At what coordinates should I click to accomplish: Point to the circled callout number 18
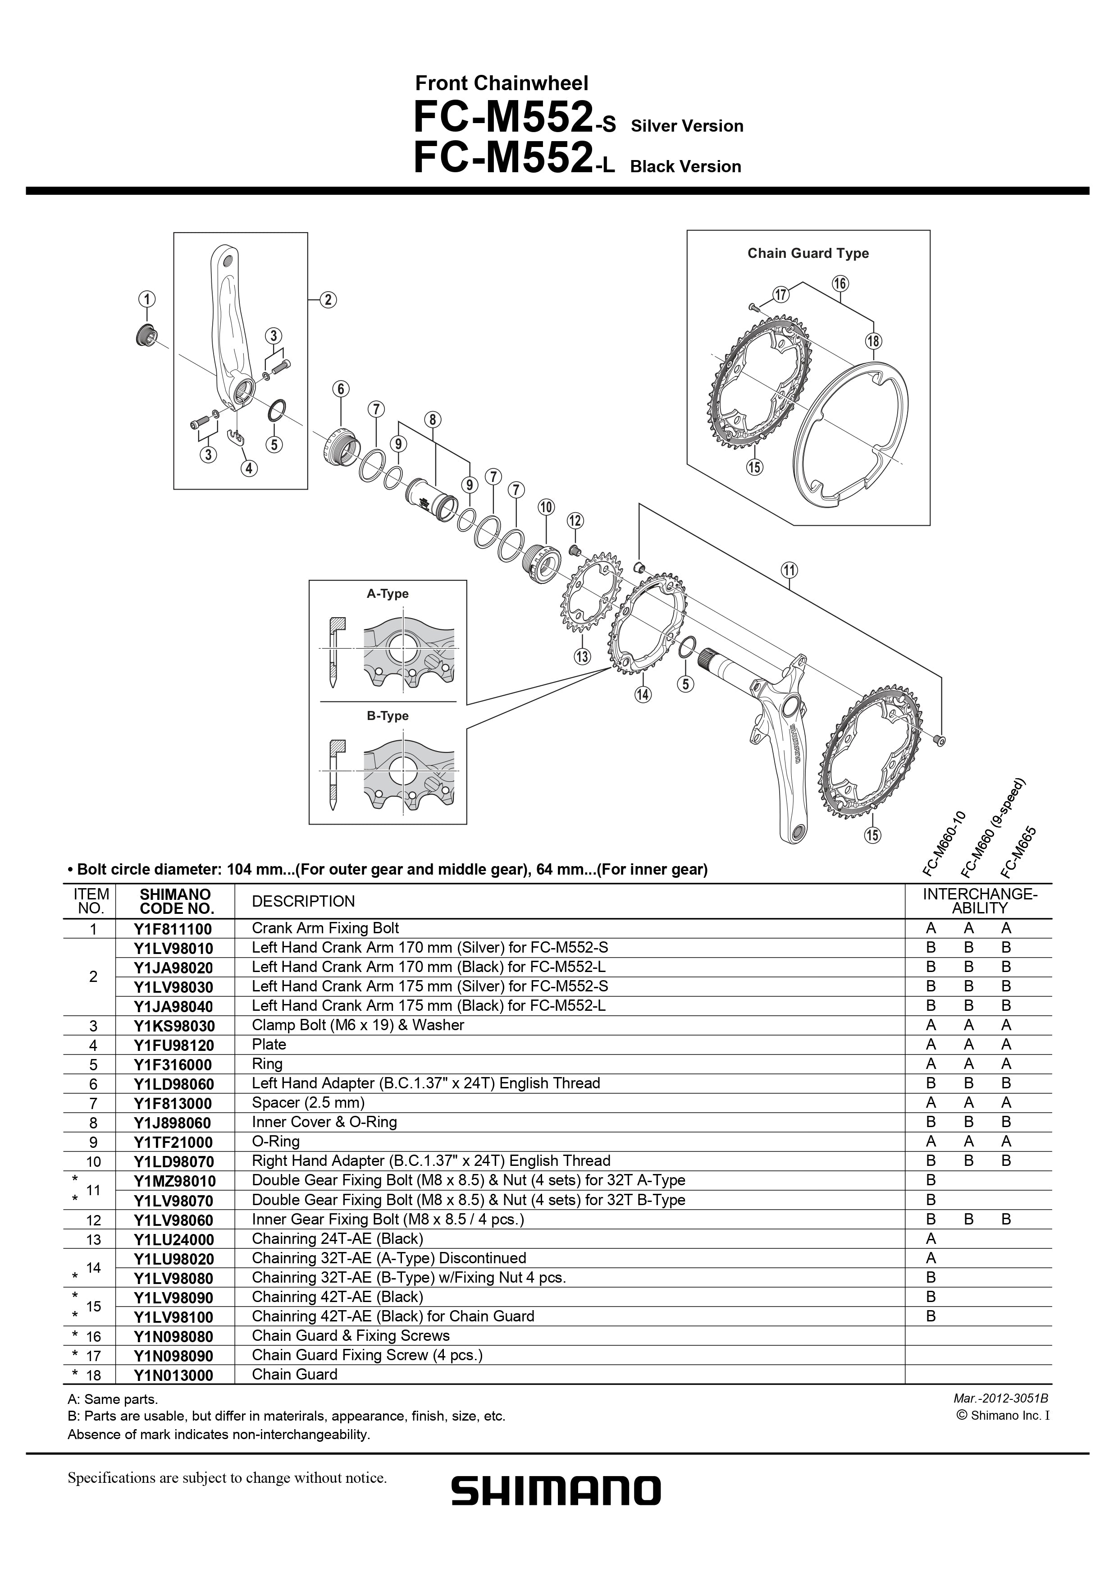[873, 341]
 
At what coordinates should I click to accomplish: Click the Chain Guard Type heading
[808, 253]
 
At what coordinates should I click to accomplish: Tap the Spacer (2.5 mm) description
[308, 1103]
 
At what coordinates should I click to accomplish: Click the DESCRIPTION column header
[303, 901]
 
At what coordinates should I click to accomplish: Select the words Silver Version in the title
[688, 126]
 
